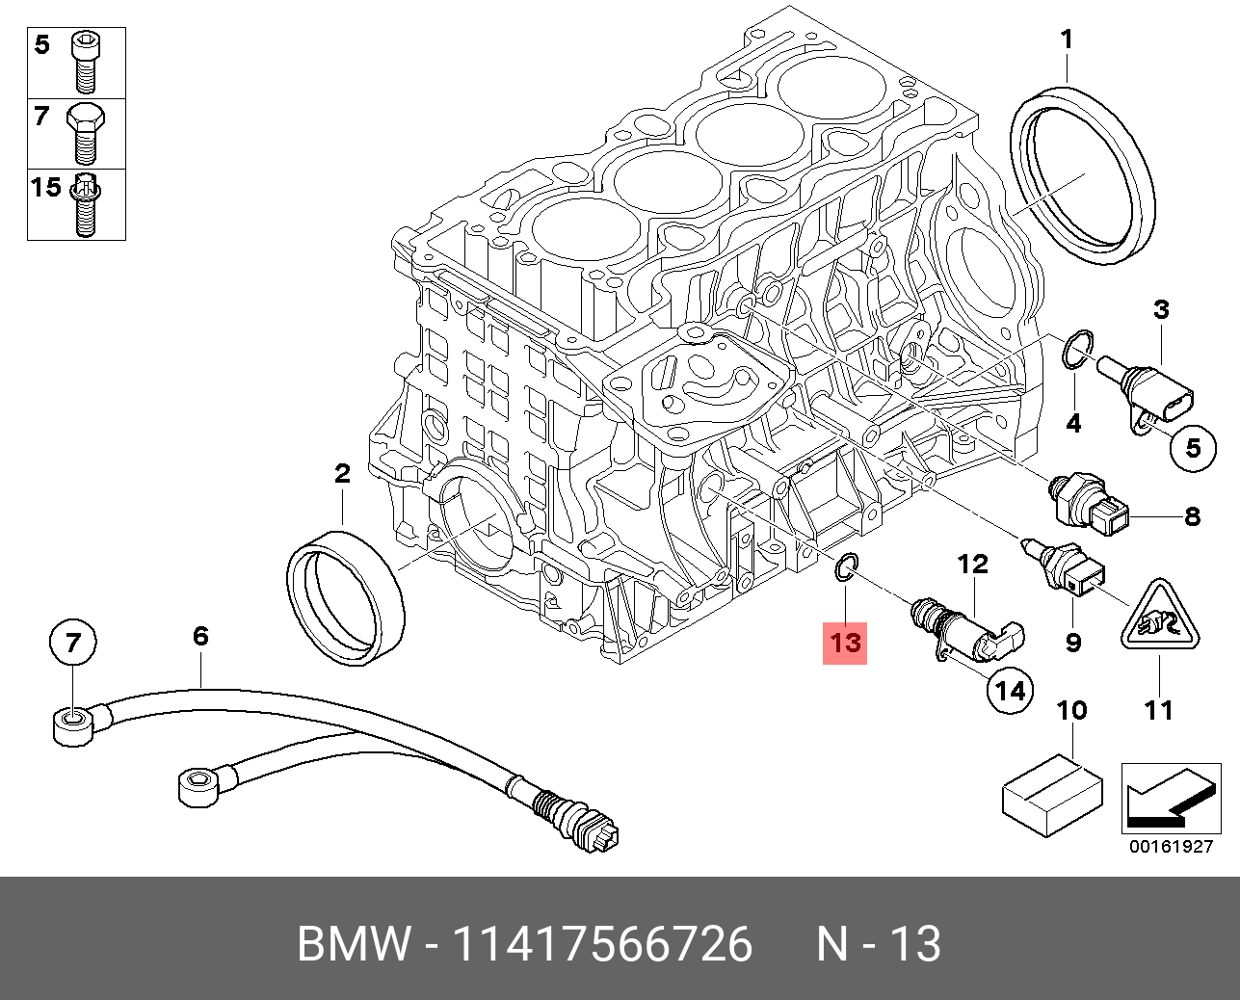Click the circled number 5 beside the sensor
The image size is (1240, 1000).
coord(1192,447)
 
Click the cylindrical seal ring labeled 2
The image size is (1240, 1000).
coord(345,597)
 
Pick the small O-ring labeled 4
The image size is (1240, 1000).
coord(1076,351)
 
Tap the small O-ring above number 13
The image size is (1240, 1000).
coord(844,569)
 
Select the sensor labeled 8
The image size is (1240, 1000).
coord(1094,504)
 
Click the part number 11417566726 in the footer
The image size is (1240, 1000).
coord(602,944)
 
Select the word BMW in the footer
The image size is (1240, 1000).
coord(353,944)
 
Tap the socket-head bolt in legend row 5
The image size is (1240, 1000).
coord(85,59)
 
